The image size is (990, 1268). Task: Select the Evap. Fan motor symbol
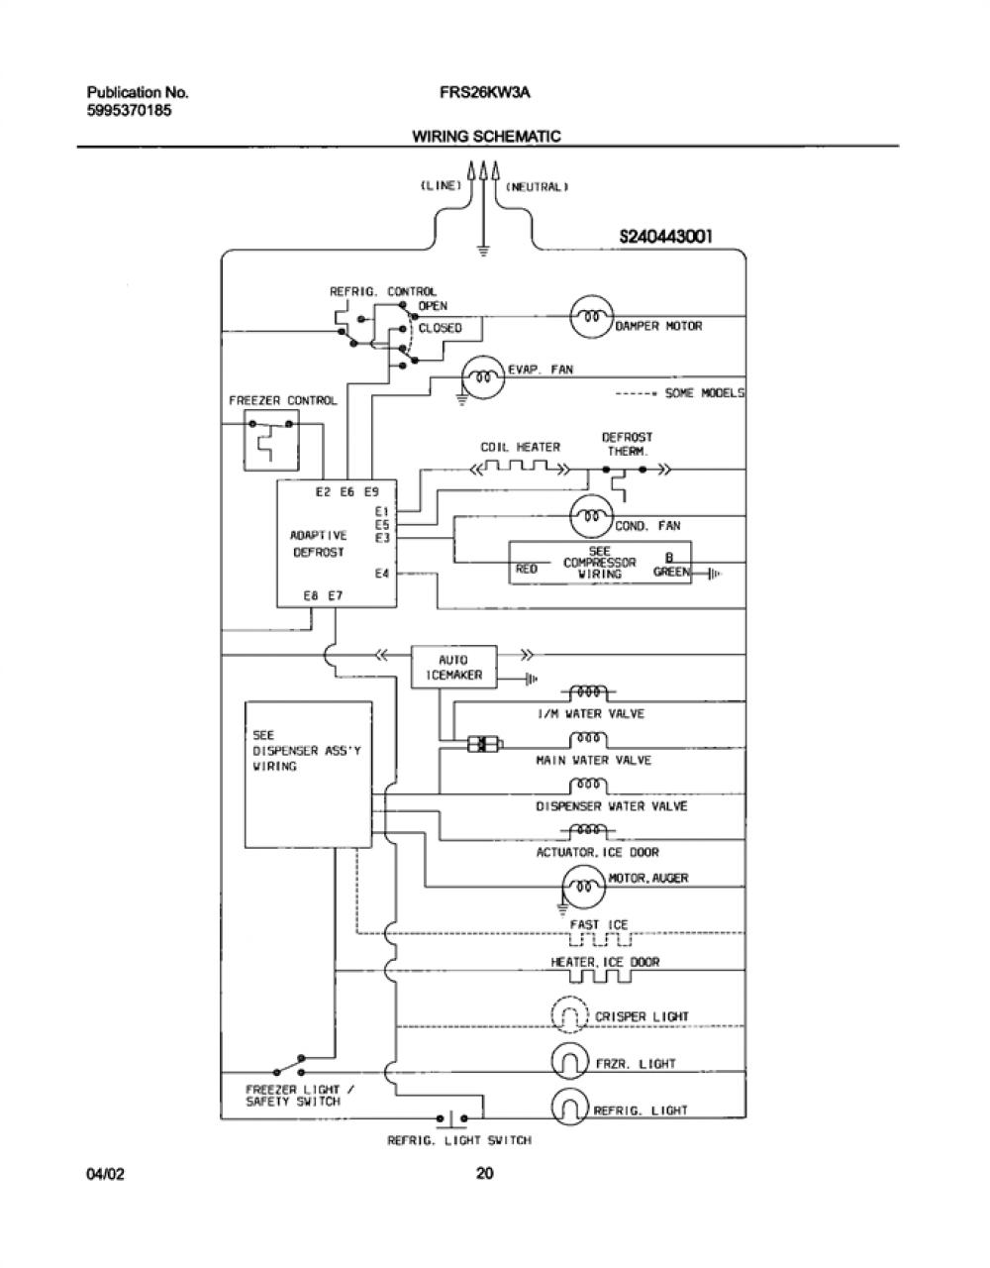coord(483,377)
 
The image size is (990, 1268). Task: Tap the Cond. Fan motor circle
coord(592,516)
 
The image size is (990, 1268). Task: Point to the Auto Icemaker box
coord(454,667)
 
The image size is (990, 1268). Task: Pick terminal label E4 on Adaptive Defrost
coord(382,574)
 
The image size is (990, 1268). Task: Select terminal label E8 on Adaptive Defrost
coord(311,595)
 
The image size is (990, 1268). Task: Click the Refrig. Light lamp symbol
coord(570,1106)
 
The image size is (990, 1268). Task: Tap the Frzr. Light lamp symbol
coord(570,1061)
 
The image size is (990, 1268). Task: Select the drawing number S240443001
coord(665,237)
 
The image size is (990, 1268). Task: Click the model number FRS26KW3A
coord(485,92)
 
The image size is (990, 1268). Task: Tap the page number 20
coord(485,1172)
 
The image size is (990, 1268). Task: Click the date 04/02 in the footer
coord(105,1174)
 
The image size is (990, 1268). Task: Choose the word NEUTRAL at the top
coord(537,186)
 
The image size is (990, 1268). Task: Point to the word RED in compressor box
coord(527,568)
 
